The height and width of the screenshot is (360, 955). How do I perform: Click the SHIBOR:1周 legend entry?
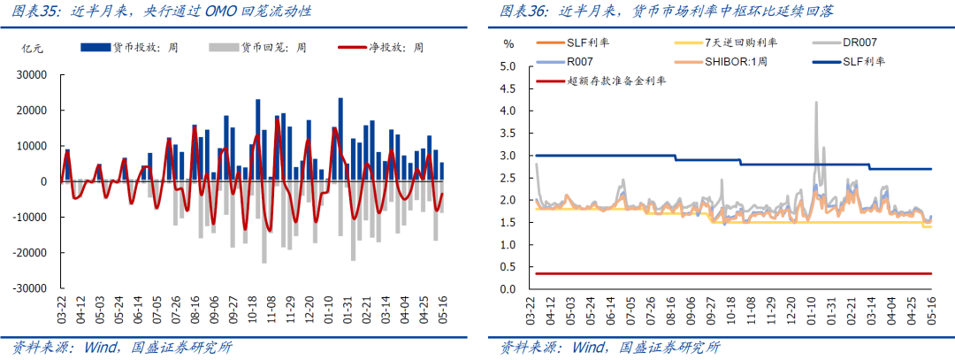739,62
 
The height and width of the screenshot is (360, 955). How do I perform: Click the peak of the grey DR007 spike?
815,102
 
